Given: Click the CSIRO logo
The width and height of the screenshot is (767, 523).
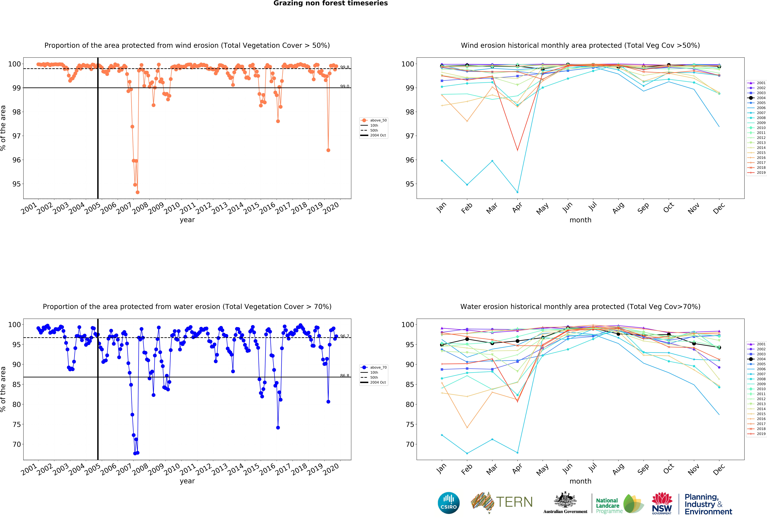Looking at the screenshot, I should [449, 503].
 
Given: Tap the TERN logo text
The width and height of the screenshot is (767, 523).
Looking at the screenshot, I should [514, 502].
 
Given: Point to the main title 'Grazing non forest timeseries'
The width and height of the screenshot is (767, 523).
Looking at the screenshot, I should [330, 3].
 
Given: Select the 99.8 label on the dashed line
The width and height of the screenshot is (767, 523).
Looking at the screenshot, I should [345, 67].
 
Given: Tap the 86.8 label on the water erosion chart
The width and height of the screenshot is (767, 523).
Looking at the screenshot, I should [345, 376].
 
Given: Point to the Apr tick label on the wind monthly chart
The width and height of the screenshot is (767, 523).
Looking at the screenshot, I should [517, 207].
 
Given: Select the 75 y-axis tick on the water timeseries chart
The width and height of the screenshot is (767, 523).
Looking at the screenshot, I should [17, 424].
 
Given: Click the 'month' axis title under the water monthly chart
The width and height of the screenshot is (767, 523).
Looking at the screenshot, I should [580, 481].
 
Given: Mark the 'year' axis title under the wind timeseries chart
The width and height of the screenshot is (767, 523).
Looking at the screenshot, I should [187, 220].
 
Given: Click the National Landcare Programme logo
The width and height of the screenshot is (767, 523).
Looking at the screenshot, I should [619, 504].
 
